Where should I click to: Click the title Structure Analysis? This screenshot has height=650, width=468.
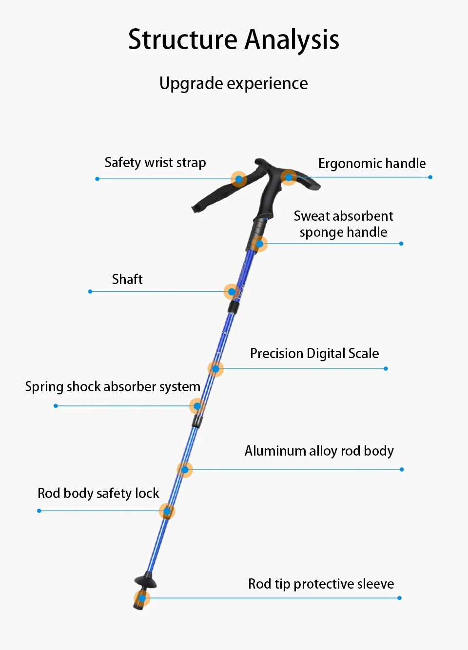click(x=234, y=39)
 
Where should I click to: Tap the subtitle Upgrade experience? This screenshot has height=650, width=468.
click(x=234, y=83)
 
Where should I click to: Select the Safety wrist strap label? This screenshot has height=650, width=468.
click(x=155, y=162)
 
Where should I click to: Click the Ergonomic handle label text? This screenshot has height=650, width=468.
click(x=371, y=163)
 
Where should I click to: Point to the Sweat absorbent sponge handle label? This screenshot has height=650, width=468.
click(x=343, y=224)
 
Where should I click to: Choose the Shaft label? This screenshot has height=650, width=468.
click(x=127, y=279)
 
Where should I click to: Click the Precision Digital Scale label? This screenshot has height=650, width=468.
click(x=314, y=353)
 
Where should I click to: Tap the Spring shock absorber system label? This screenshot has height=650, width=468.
click(x=113, y=386)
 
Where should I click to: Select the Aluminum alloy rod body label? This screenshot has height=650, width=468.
click(x=319, y=451)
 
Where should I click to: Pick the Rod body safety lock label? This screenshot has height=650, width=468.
click(x=98, y=493)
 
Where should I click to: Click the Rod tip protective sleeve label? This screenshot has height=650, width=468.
click(x=321, y=584)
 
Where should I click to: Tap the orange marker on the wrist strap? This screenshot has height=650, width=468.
click(x=239, y=179)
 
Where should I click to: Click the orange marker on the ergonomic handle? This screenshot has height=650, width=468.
click(x=289, y=177)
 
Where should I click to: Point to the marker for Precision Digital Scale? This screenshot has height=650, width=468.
click(x=215, y=369)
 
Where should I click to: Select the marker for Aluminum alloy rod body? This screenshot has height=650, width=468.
click(x=185, y=470)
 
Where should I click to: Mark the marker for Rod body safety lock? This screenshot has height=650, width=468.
click(x=167, y=511)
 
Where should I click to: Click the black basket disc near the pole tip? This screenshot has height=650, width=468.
click(x=146, y=580)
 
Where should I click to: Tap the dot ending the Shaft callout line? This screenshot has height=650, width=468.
click(x=90, y=291)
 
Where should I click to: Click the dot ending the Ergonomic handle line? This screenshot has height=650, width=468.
click(x=430, y=177)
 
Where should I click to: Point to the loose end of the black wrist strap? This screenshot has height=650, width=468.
click(x=196, y=208)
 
